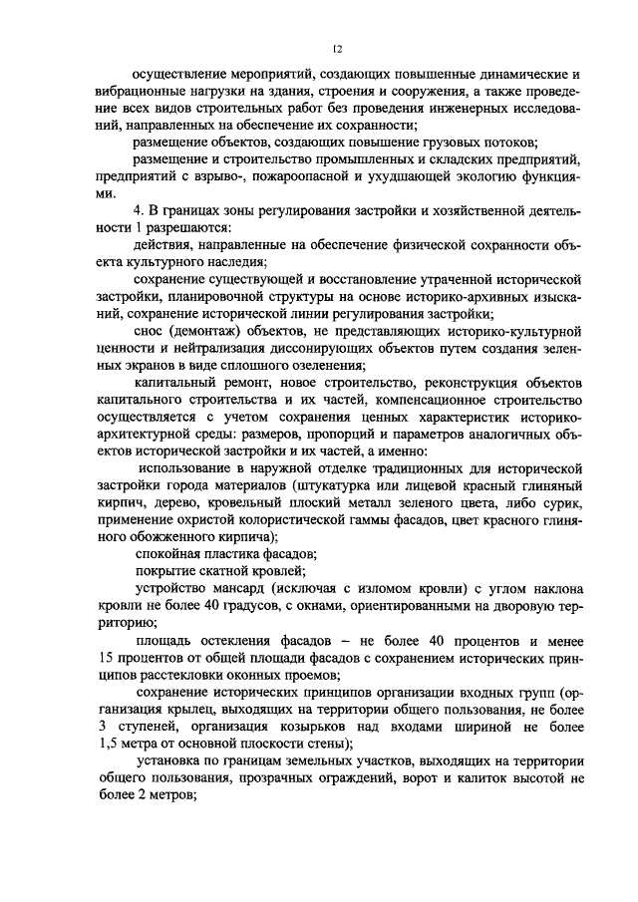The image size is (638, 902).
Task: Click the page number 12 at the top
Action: (338, 48)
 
